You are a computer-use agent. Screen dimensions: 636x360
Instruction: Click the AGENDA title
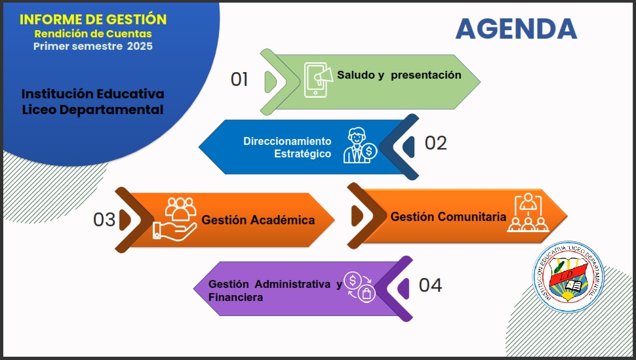(516, 28)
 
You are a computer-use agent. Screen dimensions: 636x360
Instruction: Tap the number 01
(239, 79)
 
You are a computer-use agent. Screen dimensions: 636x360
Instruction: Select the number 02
(435, 143)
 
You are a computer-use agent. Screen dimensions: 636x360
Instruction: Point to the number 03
(104, 220)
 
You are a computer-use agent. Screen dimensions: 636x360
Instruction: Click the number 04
(430, 285)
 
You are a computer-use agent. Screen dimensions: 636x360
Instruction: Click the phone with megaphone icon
(319, 80)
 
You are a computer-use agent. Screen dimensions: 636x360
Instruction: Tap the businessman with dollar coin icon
(360, 146)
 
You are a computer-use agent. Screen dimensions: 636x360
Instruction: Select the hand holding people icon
(175, 219)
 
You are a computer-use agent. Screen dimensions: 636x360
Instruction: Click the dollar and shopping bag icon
(360, 287)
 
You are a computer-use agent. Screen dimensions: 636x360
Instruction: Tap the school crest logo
(568, 277)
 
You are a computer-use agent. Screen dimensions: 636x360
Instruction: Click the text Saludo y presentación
(399, 75)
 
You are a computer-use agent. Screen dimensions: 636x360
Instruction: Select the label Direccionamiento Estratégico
(287, 148)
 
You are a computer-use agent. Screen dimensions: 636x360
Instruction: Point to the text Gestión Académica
(258, 220)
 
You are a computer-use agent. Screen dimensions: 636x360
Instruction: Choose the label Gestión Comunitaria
(448, 217)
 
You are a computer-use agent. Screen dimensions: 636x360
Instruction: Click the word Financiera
(235, 298)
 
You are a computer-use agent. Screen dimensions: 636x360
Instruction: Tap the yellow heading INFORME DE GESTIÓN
(93, 20)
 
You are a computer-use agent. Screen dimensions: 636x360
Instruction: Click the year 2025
(140, 47)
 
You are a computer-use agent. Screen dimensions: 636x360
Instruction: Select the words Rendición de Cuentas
(93, 33)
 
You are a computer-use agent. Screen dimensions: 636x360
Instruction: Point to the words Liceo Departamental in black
(92, 110)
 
